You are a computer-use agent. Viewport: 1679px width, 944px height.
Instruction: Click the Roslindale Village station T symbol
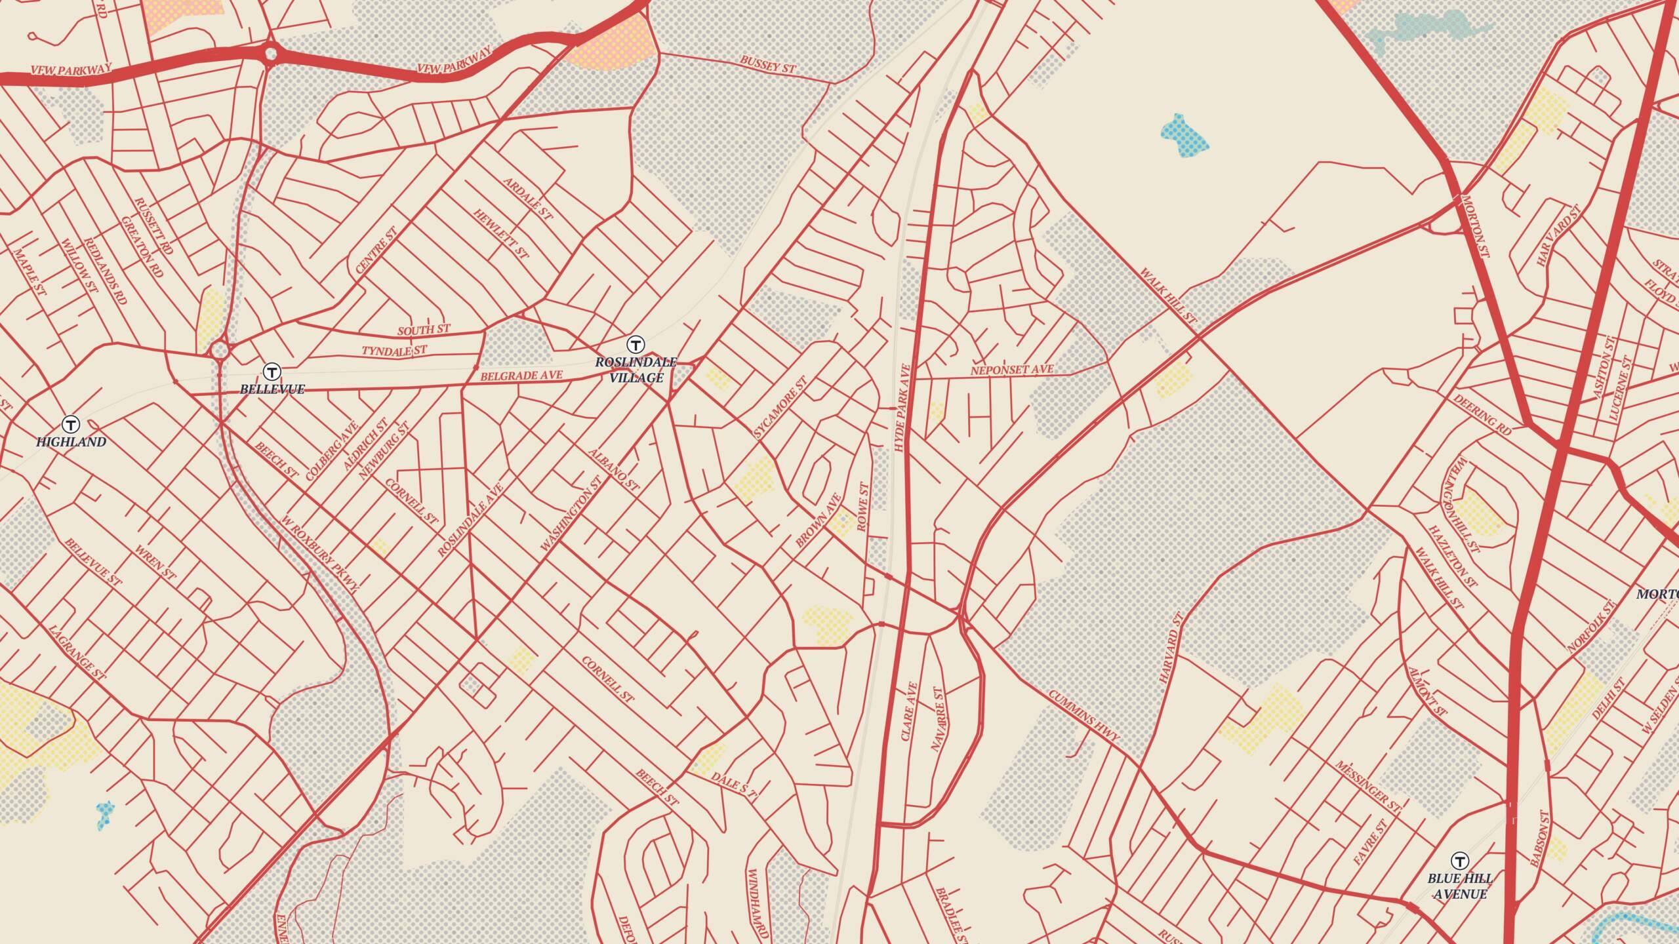[x=635, y=344]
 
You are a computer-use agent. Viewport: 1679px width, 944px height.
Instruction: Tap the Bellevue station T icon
[x=272, y=372]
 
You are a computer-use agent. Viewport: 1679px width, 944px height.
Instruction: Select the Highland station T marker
[x=71, y=424]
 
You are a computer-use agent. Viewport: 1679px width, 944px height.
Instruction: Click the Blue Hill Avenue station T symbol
[x=1459, y=861]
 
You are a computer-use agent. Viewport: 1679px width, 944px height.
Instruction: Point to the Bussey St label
[x=767, y=64]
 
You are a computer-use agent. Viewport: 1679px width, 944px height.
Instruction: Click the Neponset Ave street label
[x=1012, y=370]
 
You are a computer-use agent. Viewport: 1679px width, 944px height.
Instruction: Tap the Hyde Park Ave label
[x=904, y=407]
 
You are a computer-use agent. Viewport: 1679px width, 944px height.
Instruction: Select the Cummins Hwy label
[x=1083, y=715]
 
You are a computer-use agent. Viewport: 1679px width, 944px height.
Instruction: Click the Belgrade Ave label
[x=521, y=376]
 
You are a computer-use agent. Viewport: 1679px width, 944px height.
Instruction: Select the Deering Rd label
[x=1482, y=414]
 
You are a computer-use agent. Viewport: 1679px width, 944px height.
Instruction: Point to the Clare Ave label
[x=910, y=711]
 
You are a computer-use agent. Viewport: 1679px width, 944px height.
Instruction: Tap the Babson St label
[x=1540, y=839]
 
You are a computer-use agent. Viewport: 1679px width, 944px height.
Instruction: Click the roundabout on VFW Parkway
[x=270, y=54]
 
